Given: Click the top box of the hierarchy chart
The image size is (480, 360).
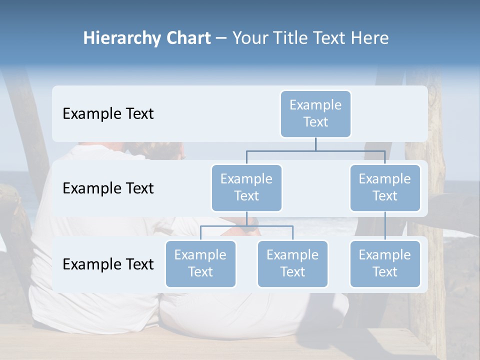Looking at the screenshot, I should pos(315,113).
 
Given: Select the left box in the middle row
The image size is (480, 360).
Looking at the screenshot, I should pos(246,187).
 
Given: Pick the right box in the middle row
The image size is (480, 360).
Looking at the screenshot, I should pos(385,187).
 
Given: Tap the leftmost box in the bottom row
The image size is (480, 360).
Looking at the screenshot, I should pos(200,263).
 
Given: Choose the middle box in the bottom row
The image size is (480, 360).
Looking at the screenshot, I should pos(292,263).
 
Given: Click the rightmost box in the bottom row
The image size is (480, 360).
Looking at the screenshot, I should pos(385,263).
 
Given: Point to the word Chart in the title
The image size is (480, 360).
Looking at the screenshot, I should pos(188,38).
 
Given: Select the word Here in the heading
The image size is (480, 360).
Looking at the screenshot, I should pos(370,38).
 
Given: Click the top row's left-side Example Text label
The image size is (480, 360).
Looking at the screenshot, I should pos(108,114).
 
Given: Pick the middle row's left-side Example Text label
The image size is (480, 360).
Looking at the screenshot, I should pos(108,188).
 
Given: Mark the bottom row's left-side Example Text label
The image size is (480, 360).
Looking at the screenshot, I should pos(108,264).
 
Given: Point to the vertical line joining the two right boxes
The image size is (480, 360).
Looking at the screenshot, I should pos(385,226).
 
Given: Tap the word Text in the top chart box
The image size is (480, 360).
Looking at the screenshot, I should pos(315,122).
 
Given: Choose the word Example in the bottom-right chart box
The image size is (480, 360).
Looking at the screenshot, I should pos(385,255).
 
